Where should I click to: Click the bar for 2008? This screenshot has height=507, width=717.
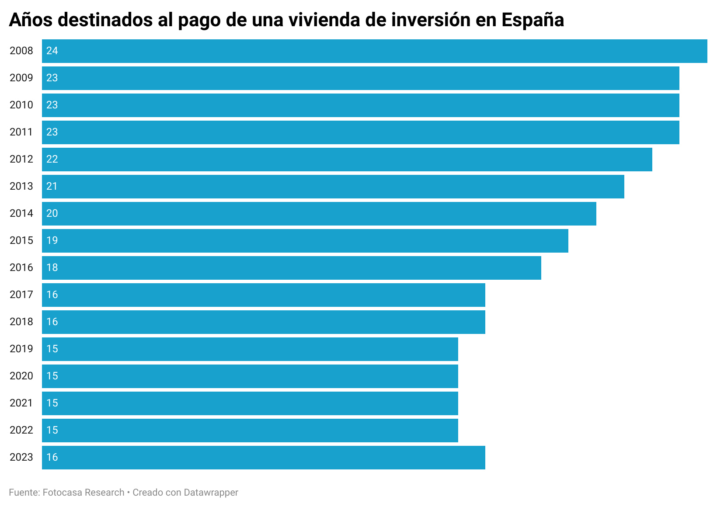coord(375,51)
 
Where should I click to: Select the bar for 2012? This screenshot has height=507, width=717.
coord(347,160)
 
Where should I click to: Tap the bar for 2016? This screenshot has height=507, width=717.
coord(292,268)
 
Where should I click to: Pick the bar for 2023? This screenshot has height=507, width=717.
coord(264,458)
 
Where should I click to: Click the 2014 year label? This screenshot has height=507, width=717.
coord(21,213)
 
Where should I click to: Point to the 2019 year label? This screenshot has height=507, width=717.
coord(21,349)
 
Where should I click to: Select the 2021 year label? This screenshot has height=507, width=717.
coord(21,403)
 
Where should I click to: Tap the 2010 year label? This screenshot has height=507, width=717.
coord(21,105)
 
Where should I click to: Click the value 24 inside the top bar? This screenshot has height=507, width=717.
coord(52,51)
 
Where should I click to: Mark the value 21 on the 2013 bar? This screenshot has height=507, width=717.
coord(52,186)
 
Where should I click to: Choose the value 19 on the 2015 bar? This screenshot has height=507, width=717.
coord(52,240)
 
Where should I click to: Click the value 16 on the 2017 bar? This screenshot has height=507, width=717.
coord(52,295)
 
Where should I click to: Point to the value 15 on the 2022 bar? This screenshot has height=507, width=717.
coord(52,430)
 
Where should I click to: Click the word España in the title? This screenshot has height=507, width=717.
coord(533,20)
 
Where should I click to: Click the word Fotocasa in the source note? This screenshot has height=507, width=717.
coord(62,493)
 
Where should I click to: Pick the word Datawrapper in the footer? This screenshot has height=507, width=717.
coord(211,493)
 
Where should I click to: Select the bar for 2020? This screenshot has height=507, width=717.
coord(250,376)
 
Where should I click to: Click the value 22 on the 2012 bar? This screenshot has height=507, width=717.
coord(52,159)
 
